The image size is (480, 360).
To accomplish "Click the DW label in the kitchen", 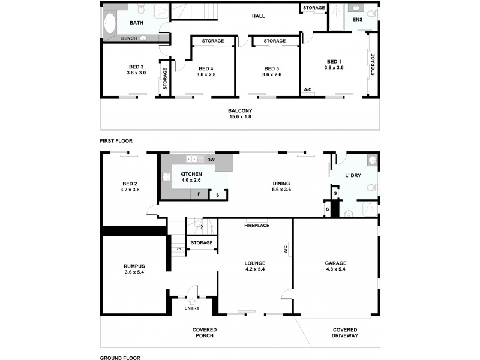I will [x=211, y=160].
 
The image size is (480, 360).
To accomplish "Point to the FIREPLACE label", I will [x=256, y=226].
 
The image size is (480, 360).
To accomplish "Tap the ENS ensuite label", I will [x=357, y=20].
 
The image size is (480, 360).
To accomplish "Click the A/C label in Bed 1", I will [x=308, y=90].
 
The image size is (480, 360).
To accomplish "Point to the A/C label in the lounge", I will [x=286, y=248].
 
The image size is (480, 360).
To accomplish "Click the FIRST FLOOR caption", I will [x=116, y=141].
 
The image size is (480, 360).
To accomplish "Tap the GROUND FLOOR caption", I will [x=120, y=357].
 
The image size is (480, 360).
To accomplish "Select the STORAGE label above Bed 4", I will [x=213, y=41].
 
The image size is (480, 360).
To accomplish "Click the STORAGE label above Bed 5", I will [x=274, y=41].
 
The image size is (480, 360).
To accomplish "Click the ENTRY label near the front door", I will [x=192, y=308].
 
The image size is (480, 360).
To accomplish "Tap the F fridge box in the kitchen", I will [x=199, y=194].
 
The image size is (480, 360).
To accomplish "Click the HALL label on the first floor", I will [x=259, y=16].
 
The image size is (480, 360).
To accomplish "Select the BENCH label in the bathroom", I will [x=129, y=38].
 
